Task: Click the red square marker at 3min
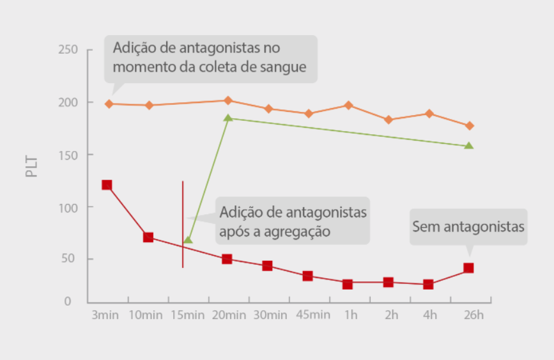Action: pos(107,185)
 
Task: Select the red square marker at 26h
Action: pos(468,268)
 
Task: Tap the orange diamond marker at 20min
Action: pos(228,100)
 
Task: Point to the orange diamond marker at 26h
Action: pos(470,126)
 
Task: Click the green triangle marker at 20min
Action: pos(228,118)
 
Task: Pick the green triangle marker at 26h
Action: pos(468,146)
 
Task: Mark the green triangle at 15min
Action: pos(188,240)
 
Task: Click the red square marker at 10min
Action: pos(148,237)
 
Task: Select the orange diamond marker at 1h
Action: pos(348,105)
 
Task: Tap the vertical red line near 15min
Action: pos(183,224)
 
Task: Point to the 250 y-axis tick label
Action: pos(67,50)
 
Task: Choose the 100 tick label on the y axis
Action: pos(67,207)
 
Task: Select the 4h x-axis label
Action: pos(429,315)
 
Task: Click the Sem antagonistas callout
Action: pos(468,226)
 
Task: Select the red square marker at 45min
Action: pos(307,276)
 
